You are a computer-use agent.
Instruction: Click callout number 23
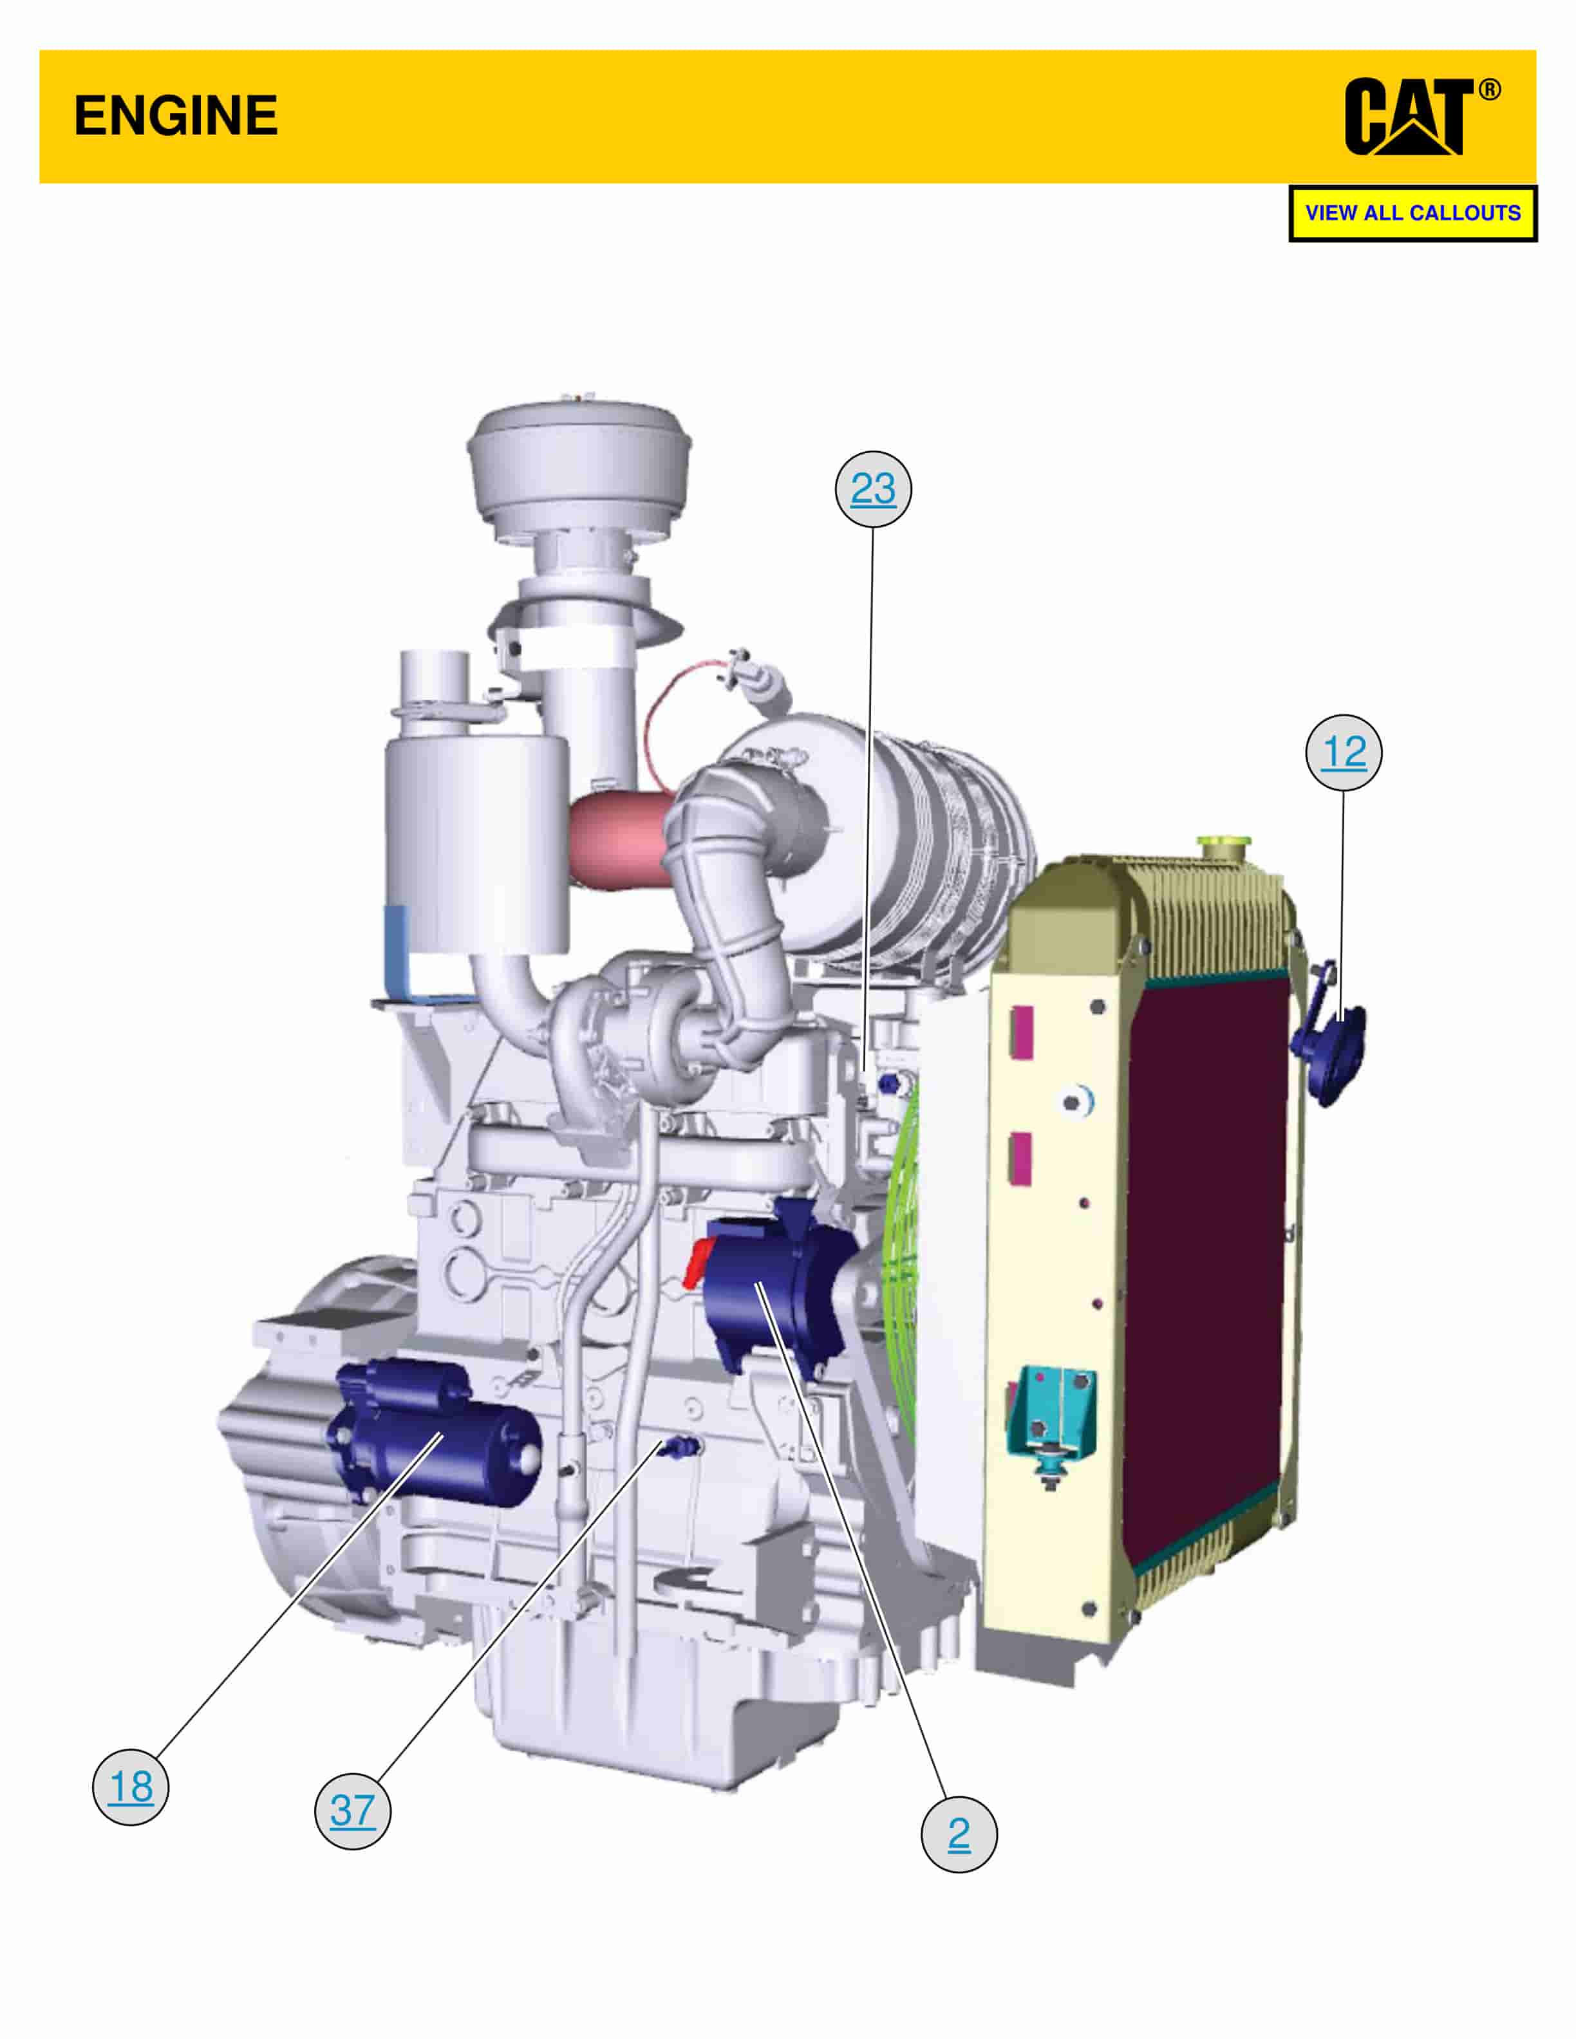[x=873, y=489]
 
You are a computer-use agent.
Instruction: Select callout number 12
[x=1344, y=752]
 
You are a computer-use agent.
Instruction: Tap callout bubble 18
[x=131, y=1787]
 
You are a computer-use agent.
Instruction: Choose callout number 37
[x=352, y=1811]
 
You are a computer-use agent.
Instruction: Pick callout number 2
[x=959, y=1834]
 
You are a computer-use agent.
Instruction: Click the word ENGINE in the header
[x=176, y=116]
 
